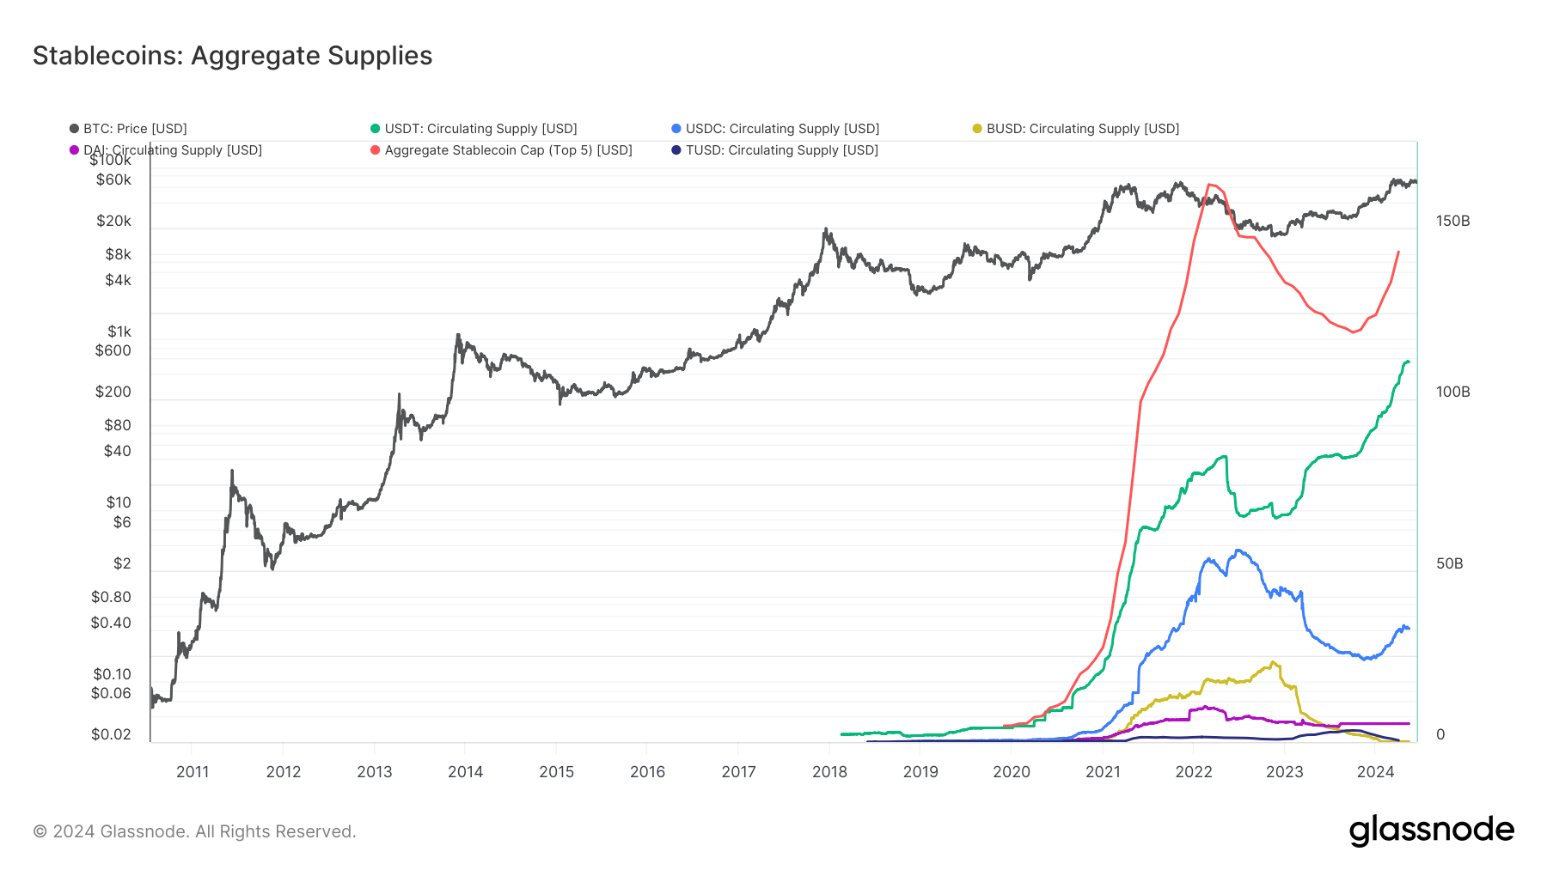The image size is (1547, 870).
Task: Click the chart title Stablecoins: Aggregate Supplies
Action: point(232,56)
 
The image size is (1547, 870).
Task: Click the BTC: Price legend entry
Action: point(134,129)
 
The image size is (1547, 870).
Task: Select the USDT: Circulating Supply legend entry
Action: point(480,129)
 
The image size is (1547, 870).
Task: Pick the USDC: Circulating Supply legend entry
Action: point(781,129)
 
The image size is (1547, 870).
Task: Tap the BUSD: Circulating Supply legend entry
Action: point(1082,129)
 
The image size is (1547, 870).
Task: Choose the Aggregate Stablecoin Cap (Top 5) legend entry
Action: point(507,150)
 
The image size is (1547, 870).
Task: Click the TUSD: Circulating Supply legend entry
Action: point(781,150)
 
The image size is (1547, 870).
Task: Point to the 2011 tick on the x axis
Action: point(193,772)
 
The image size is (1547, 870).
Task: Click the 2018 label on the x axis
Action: point(829,772)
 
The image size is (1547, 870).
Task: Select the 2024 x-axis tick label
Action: point(1375,772)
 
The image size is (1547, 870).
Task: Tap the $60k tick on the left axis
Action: point(113,180)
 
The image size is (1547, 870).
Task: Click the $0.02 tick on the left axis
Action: point(111,734)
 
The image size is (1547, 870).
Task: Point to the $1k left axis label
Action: point(119,332)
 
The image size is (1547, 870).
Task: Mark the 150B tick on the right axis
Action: point(1452,222)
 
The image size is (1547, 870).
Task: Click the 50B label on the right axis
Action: point(1449,564)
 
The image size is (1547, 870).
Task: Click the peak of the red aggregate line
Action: point(1210,185)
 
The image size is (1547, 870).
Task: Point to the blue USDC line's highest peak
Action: point(1238,551)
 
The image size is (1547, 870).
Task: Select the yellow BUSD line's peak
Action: point(1273,662)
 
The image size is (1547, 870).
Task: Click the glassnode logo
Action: point(1431,830)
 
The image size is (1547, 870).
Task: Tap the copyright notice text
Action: point(194,831)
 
